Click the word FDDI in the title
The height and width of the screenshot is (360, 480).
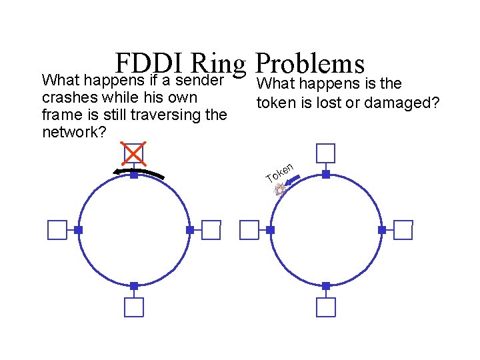tap(148, 64)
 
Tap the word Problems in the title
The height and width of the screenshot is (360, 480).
tap(310, 64)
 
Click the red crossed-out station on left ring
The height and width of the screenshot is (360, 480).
tap(134, 153)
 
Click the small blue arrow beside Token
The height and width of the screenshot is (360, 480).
tap(299, 178)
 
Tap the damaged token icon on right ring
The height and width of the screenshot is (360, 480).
tap(281, 190)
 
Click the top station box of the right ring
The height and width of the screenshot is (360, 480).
tap(326, 153)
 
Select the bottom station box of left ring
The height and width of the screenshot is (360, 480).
tap(134, 307)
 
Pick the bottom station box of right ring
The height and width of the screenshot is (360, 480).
tap(326, 307)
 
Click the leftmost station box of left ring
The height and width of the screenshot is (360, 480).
tap(57, 230)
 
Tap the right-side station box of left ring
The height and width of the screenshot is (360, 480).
tap(211, 230)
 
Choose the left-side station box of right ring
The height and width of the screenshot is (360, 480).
tap(249, 230)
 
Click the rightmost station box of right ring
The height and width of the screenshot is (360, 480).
tap(403, 230)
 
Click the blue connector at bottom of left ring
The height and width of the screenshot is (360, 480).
tap(134, 285)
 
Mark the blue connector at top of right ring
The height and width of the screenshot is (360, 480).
tap(326, 174)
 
